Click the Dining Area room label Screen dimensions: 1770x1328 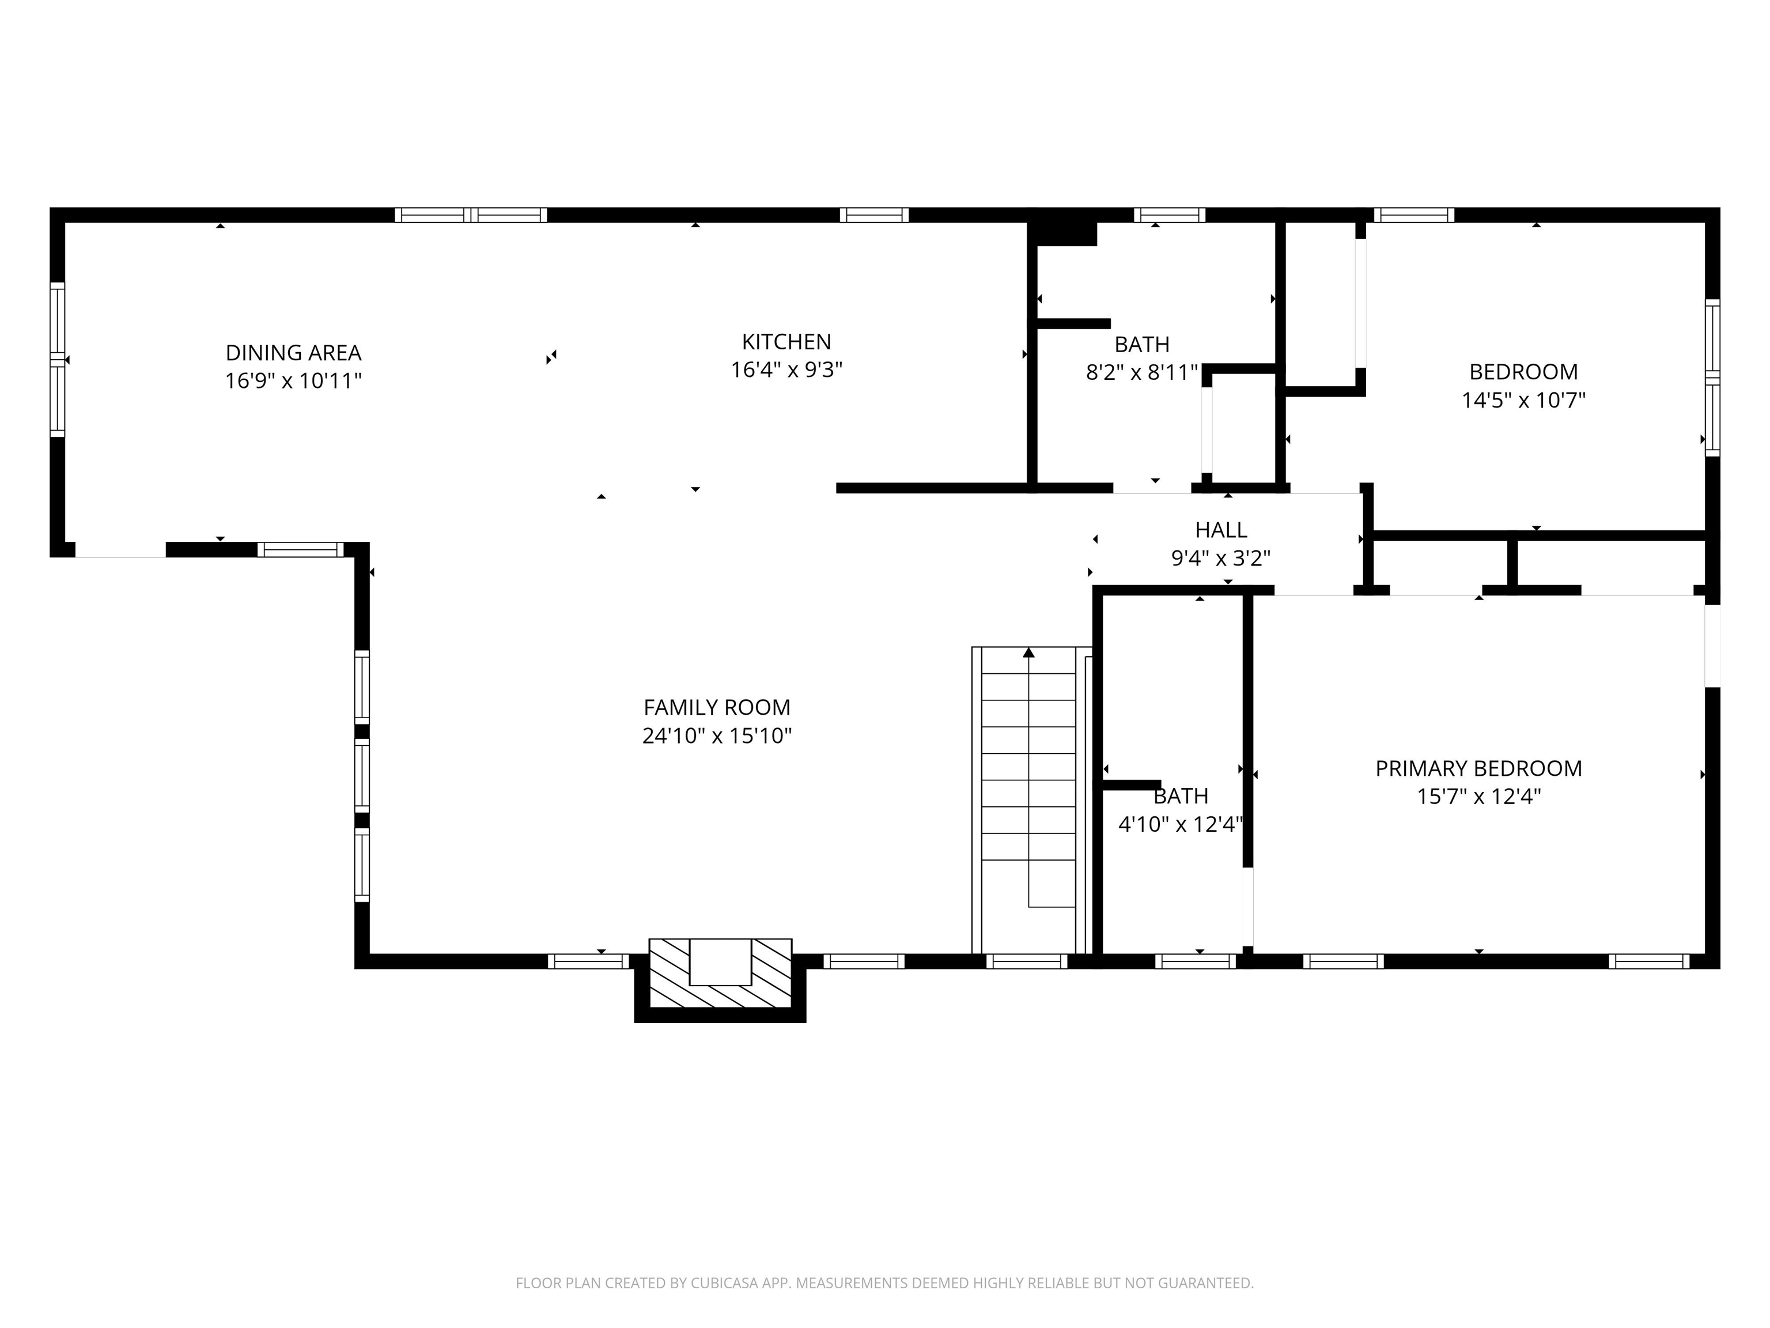click(x=294, y=353)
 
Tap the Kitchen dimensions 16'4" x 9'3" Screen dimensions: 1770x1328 click(x=786, y=370)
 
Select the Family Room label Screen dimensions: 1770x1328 click(x=717, y=708)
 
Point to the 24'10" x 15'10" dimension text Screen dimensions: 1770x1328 click(x=717, y=735)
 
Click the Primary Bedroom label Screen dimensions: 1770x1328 click(x=1478, y=768)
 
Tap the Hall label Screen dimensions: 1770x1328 click(x=1221, y=530)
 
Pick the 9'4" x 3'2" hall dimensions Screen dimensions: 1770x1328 click(x=1221, y=558)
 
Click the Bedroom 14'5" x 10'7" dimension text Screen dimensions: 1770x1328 click(x=1523, y=400)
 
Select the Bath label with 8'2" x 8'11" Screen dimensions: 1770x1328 click(x=1142, y=344)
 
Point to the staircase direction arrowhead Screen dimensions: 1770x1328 click(x=1029, y=652)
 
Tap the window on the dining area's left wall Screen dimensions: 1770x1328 click(x=58, y=360)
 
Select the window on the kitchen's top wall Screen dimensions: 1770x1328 click(x=874, y=214)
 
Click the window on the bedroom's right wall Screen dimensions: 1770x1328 click(x=1712, y=378)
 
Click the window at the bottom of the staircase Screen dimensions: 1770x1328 click(x=1027, y=961)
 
